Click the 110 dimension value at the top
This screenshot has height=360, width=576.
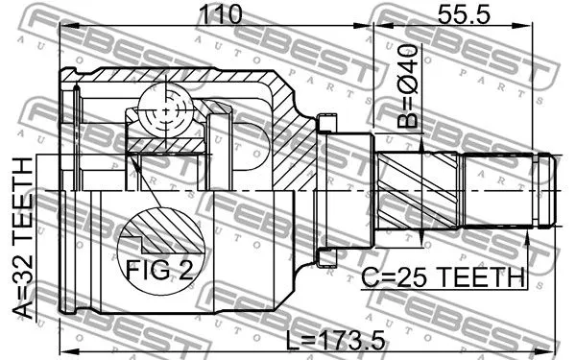click(x=216, y=16)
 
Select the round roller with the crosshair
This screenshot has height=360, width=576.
click(x=164, y=113)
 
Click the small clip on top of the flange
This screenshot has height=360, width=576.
click(x=328, y=123)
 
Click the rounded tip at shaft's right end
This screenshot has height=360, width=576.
click(x=546, y=190)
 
